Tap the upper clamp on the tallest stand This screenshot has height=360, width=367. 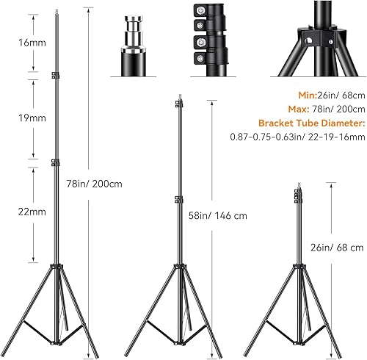tap(54, 76)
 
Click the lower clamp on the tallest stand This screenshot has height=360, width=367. tap(56, 162)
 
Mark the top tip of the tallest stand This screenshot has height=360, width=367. tap(54, 11)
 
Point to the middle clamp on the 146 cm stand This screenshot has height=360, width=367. tap(179, 196)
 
